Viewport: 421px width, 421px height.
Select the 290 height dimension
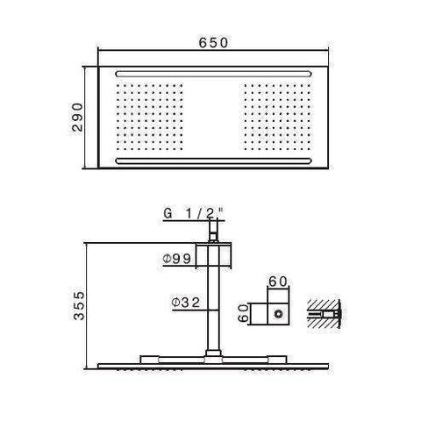[78, 114]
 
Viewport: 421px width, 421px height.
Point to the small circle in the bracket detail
[280, 311]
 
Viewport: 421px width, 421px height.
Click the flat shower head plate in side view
[211, 361]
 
